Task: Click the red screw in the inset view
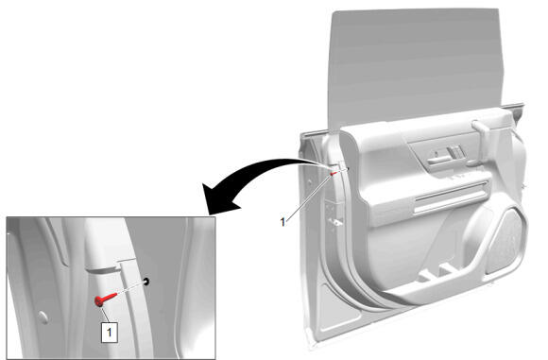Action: (105, 300)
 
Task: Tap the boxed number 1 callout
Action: (110, 332)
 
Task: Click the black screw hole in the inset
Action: (146, 281)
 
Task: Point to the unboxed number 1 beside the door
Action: (283, 222)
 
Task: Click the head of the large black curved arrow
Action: (220, 198)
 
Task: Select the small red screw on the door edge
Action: (334, 173)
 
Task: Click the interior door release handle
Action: (438, 158)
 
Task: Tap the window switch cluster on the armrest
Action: (456, 152)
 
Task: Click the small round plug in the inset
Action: (43, 317)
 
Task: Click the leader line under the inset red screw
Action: (105, 315)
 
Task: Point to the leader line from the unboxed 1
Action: (309, 197)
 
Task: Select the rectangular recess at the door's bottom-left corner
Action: (338, 309)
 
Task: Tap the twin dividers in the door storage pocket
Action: (437, 273)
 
